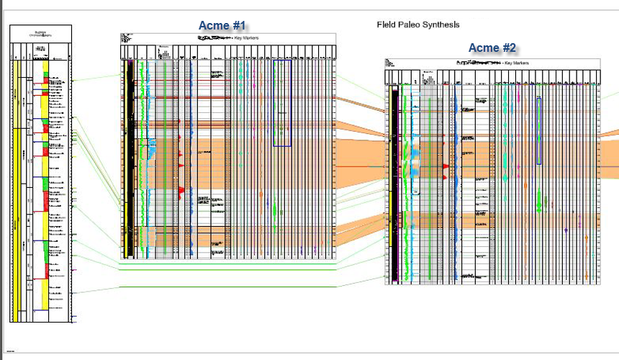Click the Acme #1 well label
222,26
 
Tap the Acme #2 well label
492,48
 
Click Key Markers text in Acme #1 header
246,37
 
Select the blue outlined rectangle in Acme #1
282,103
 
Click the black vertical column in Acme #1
129,158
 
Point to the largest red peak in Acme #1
181,190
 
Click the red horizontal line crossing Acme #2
504,167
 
